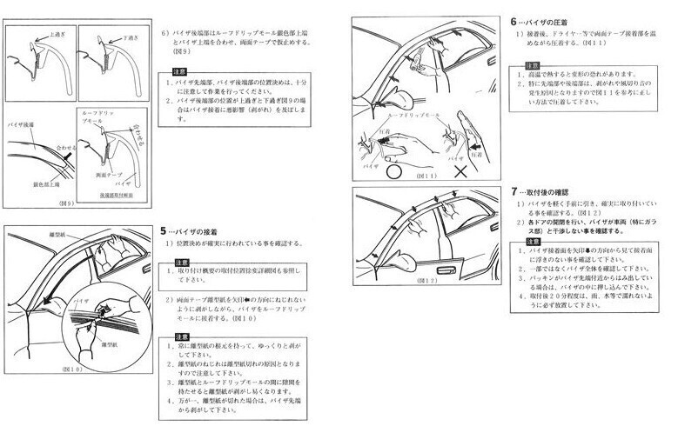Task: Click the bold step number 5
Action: [164, 231]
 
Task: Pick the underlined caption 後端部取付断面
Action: [116, 196]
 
